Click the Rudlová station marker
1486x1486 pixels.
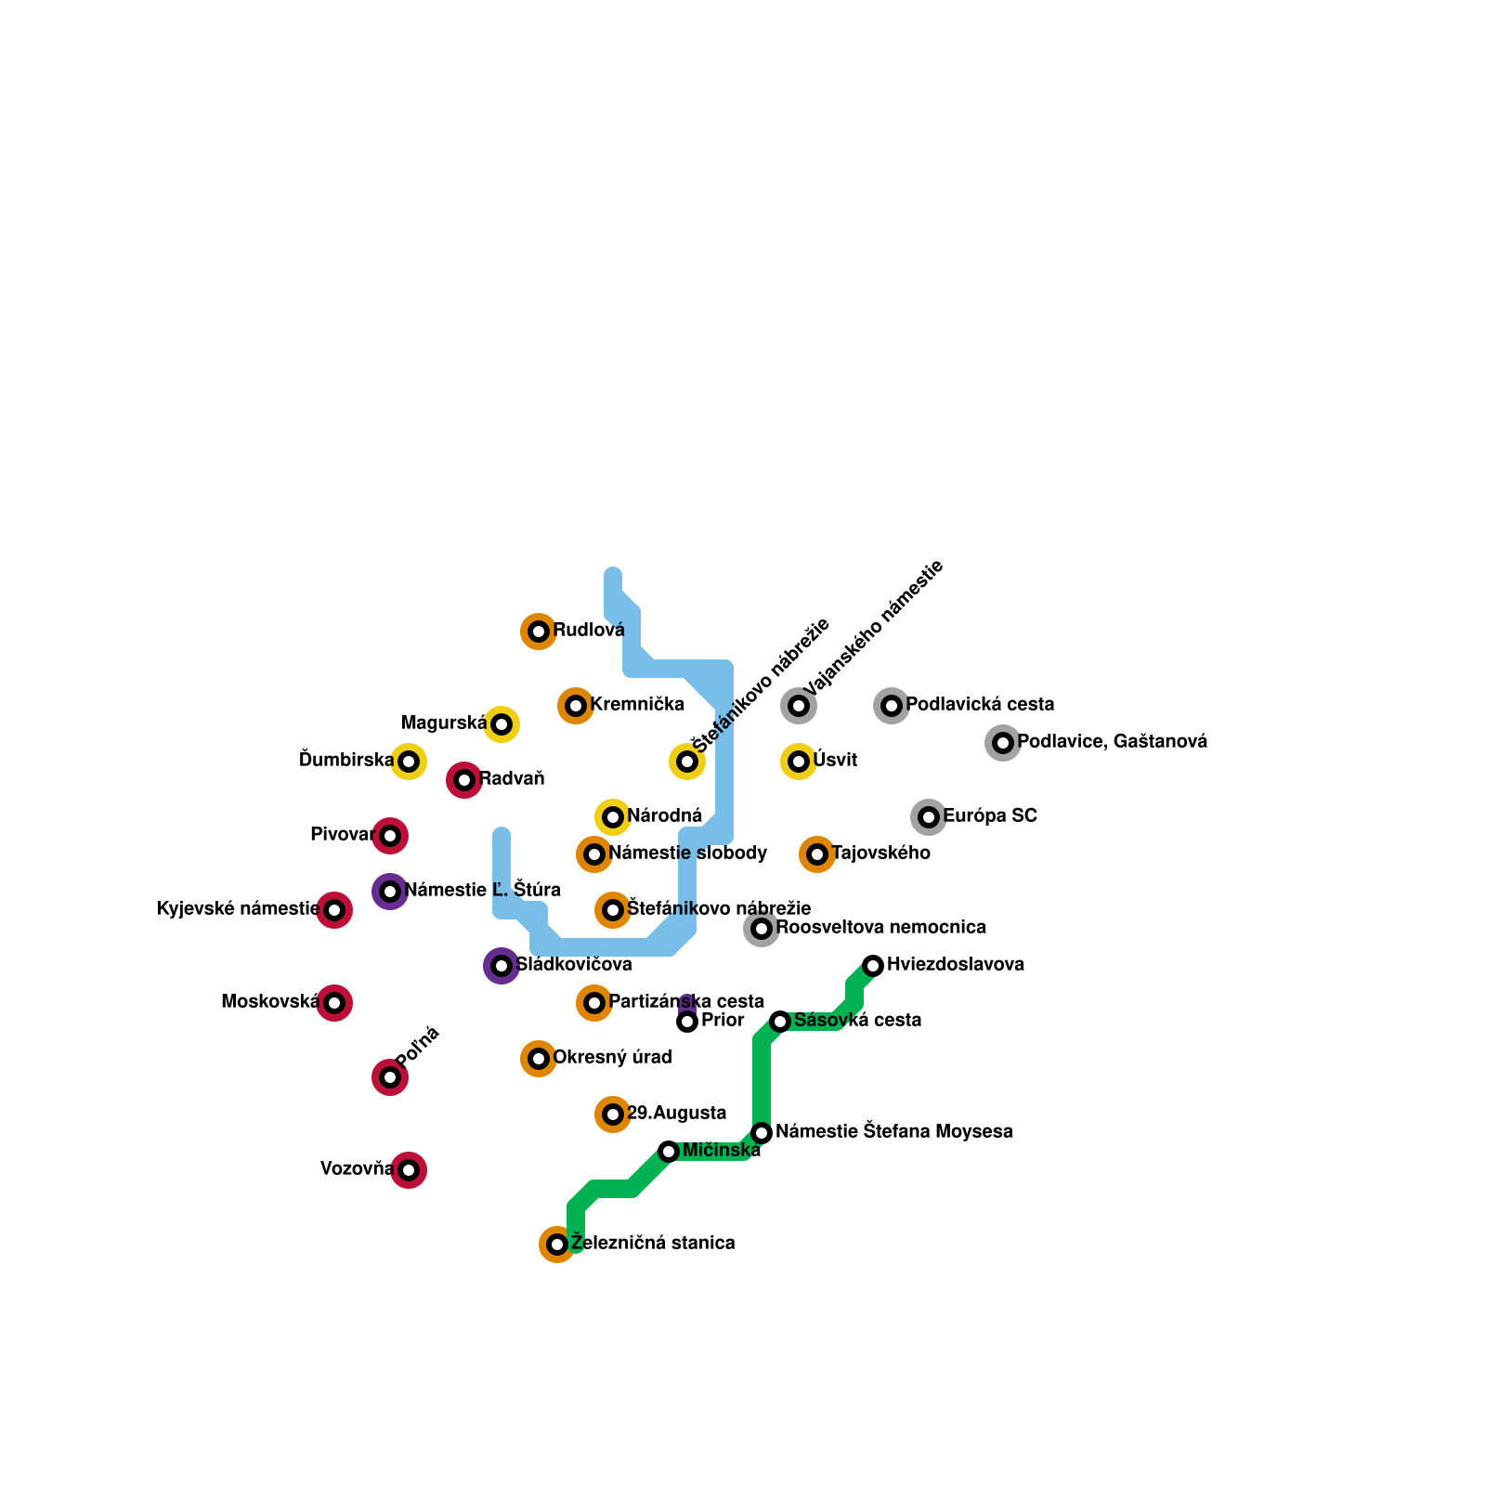click(539, 632)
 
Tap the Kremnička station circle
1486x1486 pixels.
click(576, 706)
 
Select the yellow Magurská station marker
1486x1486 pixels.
click(502, 724)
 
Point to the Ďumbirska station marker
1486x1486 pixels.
click(409, 762)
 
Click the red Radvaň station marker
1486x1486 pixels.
click(464, 780)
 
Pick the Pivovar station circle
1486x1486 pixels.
click(390, 836)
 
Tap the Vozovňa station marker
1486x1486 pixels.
click(409, 1170)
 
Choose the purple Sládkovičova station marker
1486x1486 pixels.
click(502, 966)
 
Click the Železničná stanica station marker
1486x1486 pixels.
click(557, 1245)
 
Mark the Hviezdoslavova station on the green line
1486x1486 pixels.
click(873, 966)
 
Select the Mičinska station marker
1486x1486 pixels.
click(669, 1152)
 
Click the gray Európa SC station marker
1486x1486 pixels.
click(929, 817)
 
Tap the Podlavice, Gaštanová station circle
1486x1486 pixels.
click(1003, 743)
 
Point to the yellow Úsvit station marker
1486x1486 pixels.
click(799, 762)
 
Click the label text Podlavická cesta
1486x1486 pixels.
click(980, 704)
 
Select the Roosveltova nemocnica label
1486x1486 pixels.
click(880, 927)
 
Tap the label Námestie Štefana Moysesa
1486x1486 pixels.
click(893, 1131)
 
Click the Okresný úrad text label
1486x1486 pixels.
click(612, 1057)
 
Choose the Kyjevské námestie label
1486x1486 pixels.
click(238, 908)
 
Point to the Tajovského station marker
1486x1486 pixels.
click(817, 854)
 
